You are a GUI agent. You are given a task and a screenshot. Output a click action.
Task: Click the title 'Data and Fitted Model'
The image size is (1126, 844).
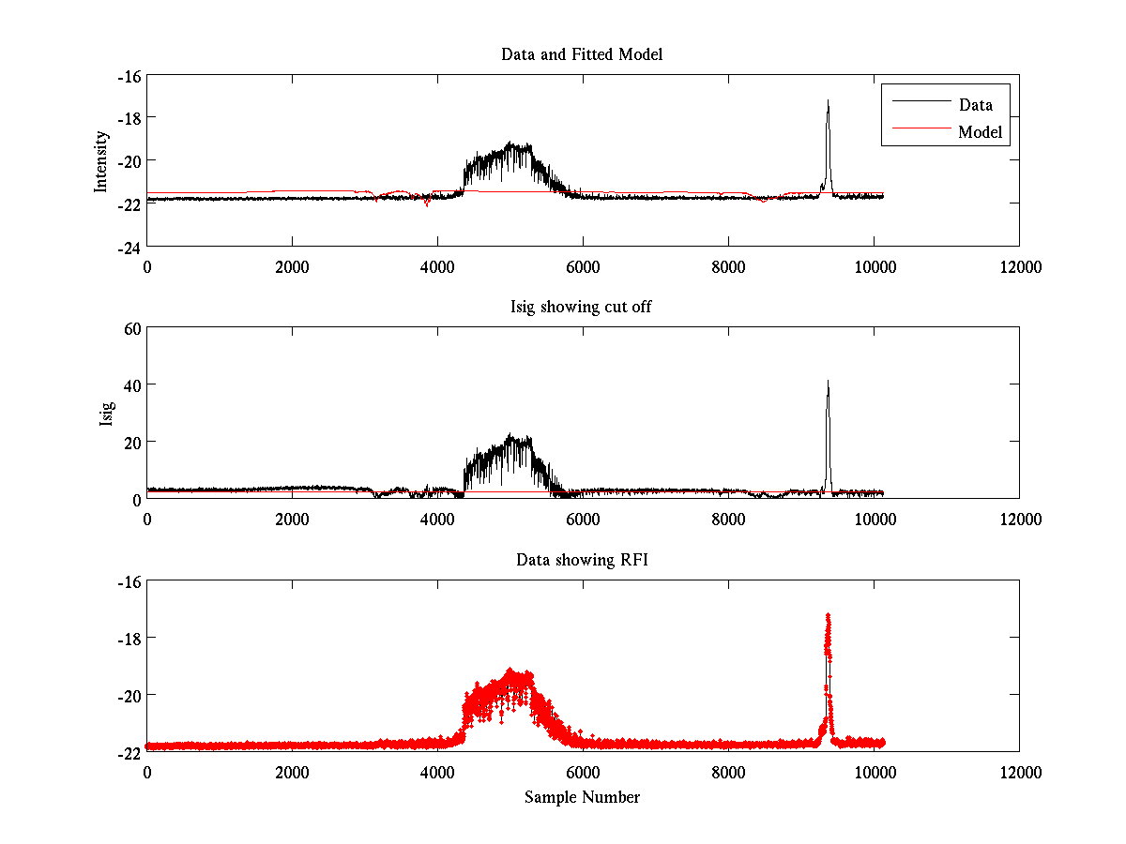[582, 54]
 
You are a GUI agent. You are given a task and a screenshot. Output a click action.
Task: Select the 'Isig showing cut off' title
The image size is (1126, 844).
[582, 308]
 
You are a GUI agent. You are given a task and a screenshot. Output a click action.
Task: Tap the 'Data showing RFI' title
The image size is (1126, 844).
[582, 560]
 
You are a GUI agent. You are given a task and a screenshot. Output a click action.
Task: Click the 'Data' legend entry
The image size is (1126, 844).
[975, 104]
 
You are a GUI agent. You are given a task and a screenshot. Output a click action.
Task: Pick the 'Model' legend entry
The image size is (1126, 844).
[980, 132]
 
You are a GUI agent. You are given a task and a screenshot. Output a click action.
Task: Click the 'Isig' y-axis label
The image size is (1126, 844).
[106, 413]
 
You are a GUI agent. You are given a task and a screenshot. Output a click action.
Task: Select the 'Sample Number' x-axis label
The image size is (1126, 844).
[582, 797]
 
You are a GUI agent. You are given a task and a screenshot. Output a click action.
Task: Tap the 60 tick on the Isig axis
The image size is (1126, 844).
[129, 328]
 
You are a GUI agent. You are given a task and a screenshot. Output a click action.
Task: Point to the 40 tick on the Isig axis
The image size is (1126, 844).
[129, 385]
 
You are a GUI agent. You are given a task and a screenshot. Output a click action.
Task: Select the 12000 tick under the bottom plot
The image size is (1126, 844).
[1019, 772]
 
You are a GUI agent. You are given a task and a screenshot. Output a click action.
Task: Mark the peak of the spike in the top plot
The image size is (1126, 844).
[828, 100]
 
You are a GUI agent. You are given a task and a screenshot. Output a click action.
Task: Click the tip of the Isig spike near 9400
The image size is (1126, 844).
[828, 381]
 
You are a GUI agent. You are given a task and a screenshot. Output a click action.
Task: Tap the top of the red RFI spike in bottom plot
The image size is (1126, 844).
[828, 615]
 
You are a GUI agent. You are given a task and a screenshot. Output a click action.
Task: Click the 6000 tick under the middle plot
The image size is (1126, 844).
[583, 519]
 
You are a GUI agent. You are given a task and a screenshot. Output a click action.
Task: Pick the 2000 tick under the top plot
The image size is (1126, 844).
[292, 266]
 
